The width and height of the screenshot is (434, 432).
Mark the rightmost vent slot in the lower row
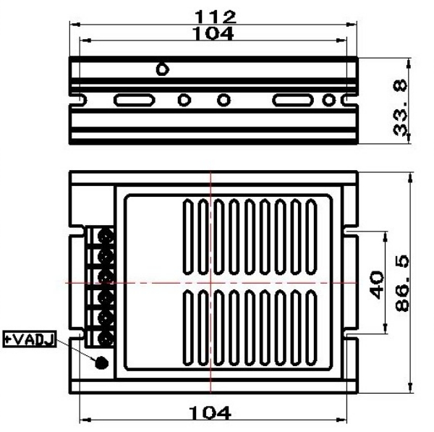[x=311, y=324]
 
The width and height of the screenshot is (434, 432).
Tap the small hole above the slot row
[x=163, y=69]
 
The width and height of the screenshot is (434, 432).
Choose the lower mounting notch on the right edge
[x=352, y=334]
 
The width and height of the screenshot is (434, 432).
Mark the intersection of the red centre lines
[x=210, y=282]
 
